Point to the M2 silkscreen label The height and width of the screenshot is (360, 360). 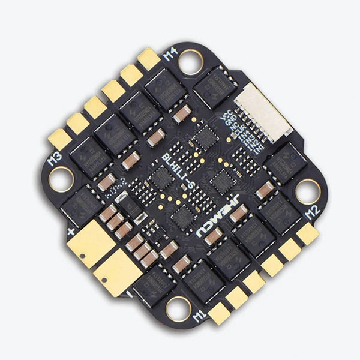tap(310, 211)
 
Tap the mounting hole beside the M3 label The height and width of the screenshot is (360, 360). tap(61, 178)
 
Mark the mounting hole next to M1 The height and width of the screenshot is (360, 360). tap(178, 308)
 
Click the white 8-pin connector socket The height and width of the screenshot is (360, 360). tap(263, 112)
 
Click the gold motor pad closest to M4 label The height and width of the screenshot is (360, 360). tap(148, 59)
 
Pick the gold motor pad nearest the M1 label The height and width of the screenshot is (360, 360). tap(219, 312)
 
